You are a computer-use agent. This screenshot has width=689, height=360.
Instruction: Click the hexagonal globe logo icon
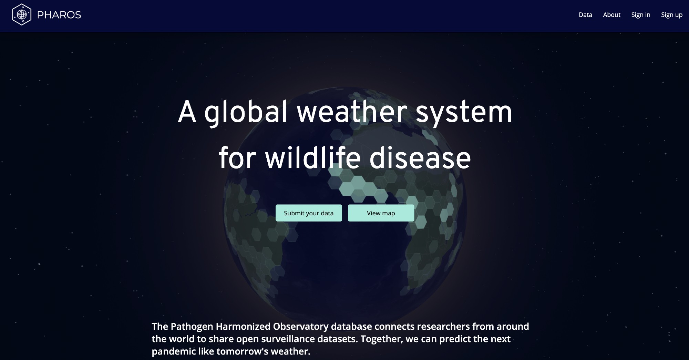point(22,14)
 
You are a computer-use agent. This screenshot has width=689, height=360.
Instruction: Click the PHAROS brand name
point(59,15)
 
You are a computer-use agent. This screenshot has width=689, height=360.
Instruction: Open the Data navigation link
point(585,15)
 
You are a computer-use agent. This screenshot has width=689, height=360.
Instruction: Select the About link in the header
point(611,15)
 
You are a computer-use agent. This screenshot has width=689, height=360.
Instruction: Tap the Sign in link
point(641,15)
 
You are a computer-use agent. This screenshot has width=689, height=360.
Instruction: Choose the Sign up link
point(672,15)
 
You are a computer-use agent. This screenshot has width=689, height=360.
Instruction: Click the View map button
point(381,213)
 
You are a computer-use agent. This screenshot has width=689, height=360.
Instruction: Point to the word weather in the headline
point(352,112)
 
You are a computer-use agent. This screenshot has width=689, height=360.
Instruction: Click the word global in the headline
point(246,112)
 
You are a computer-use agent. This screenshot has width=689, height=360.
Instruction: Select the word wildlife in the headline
point(313,158)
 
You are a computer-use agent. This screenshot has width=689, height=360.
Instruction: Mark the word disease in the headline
point(420,158)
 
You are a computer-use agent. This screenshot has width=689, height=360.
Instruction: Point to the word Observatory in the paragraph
point(301,327)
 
